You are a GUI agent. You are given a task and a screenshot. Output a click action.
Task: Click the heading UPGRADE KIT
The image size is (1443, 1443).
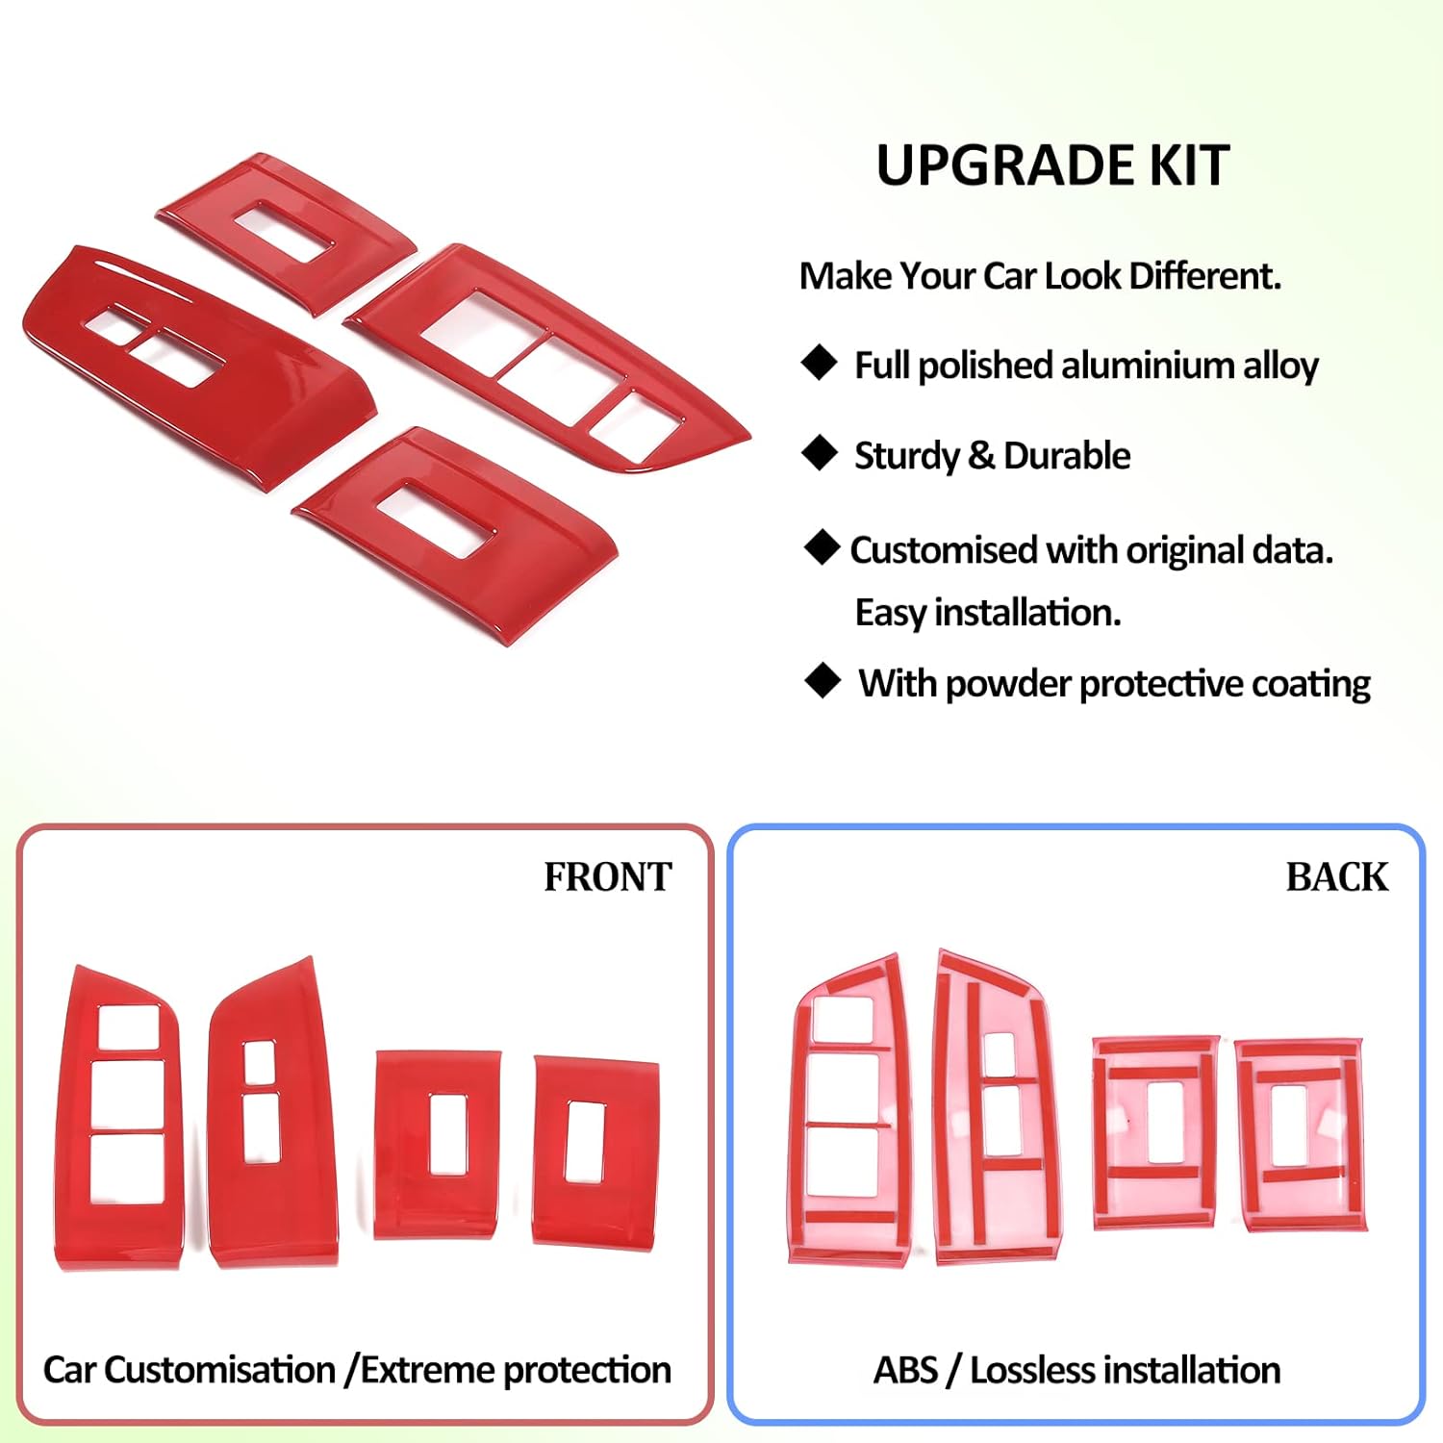pos(1052,165)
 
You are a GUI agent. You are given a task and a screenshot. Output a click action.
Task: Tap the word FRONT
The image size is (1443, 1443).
pos(607,877)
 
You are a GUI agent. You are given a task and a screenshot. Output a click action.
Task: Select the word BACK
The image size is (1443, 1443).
pos(1336,877)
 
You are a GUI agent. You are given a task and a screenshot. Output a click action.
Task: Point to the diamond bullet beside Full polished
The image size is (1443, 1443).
pos(820,363)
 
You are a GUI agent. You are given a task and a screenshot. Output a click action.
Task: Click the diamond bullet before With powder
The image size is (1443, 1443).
pos(823,680)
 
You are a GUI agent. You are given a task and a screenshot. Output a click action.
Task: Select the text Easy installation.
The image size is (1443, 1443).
pos(987,613)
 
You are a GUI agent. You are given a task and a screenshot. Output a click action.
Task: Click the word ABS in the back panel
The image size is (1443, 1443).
pos(904,1370)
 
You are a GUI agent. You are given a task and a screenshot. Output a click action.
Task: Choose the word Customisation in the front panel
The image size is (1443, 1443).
pos(219,1370)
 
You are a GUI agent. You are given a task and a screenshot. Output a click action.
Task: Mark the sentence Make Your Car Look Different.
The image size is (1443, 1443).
pos(1040,276)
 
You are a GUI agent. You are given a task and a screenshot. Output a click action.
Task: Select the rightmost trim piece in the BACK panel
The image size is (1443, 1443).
pos(1301,1135)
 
